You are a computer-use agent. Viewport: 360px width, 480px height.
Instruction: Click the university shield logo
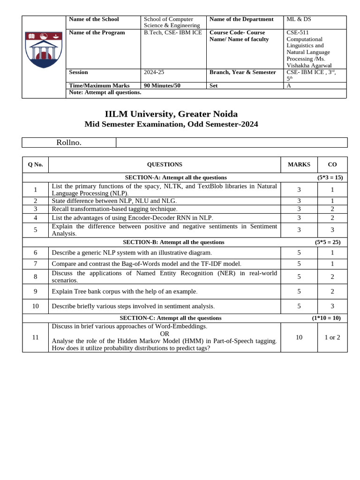click(44, 50)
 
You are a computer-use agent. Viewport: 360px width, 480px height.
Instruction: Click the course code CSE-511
click(297, 32)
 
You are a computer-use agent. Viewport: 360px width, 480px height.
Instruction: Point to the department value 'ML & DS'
click(299, 19)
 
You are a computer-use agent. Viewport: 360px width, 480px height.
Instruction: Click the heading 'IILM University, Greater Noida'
click(171, 114)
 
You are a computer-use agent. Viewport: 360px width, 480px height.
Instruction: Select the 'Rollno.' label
click(69, 142)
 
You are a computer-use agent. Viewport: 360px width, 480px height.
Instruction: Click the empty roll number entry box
click(232, 142)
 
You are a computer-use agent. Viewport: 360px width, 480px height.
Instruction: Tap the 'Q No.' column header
click(35, 165)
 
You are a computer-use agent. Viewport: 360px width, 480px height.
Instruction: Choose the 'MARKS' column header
click(299, 165)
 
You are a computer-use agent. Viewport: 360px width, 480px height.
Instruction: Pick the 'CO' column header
click(332, 165)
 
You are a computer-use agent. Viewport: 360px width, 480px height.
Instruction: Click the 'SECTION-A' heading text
click(176, 178)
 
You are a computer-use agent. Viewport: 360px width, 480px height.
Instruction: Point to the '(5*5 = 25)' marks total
click(328, 242)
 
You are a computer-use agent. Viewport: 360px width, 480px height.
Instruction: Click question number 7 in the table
click(35, 264)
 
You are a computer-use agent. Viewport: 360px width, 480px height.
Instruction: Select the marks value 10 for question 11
click(299, 337)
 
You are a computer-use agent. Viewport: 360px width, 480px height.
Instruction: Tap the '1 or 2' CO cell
click(332, 337)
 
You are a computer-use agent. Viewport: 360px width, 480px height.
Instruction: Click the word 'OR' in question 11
click(165, 334)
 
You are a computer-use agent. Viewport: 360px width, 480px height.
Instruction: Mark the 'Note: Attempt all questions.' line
click(105, 92)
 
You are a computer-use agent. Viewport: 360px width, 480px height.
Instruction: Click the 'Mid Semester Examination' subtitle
click(171, 124)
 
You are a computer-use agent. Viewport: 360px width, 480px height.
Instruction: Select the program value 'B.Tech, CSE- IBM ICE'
click(173, 32)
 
